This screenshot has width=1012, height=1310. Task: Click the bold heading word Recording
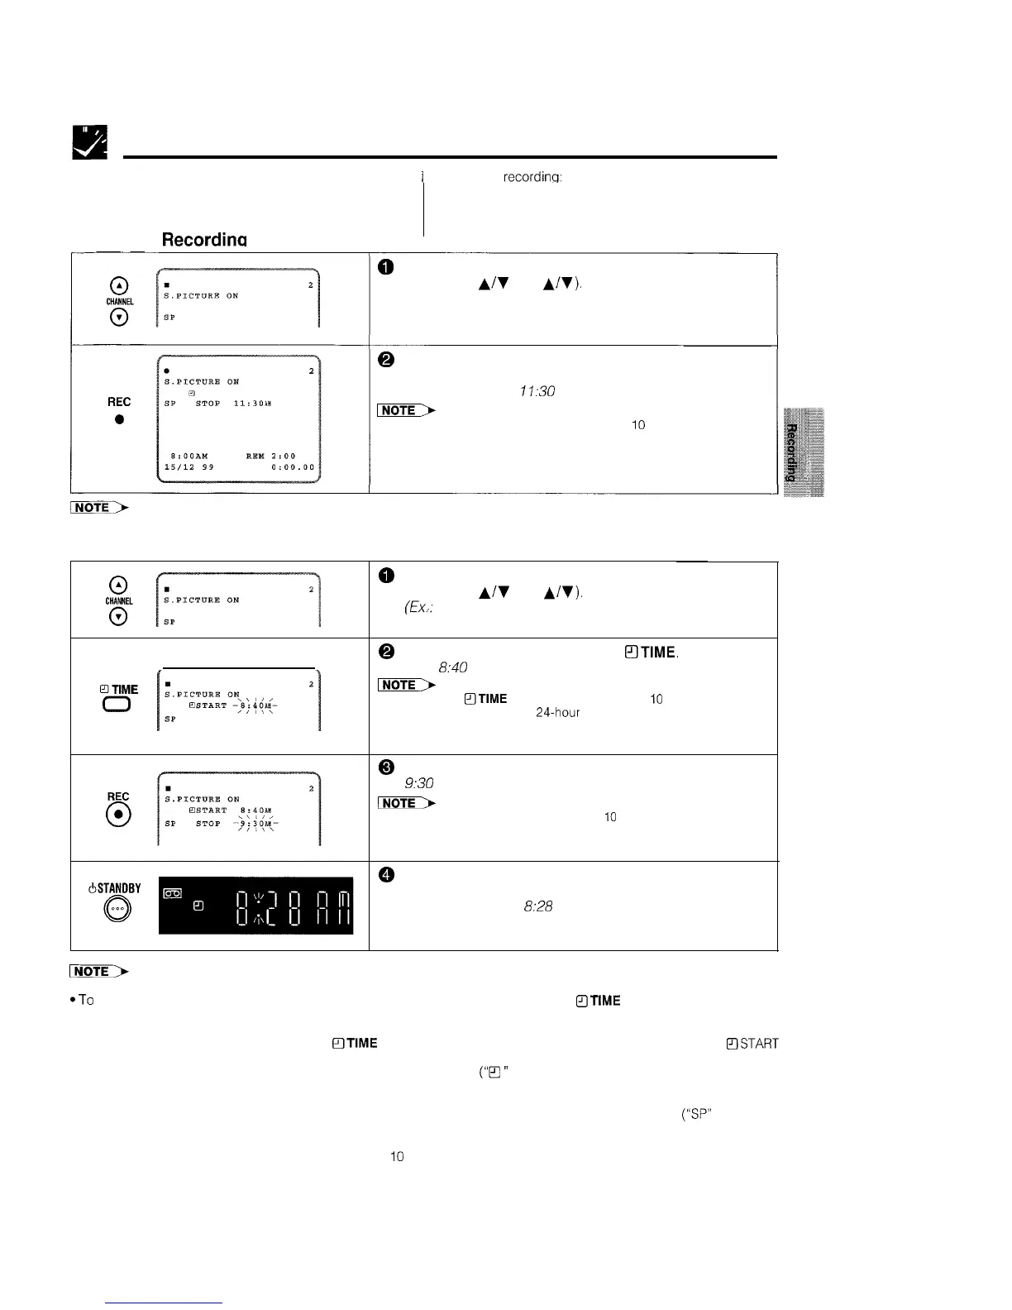(204, 240)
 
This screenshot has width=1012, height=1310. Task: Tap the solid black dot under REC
(119, 419)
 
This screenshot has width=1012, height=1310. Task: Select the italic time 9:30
(420, 783)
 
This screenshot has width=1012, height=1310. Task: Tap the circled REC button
(119, 814)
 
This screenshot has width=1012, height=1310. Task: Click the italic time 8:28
(538, 906)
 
